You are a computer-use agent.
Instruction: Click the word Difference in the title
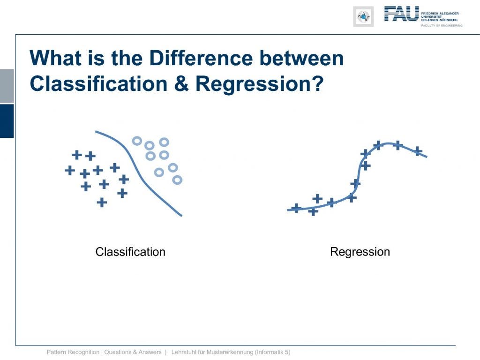tap(202, 58)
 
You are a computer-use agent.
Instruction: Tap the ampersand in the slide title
tap(181, 83)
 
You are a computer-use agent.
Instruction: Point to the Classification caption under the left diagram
tap(130, 252)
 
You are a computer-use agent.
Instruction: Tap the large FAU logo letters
tap(401, 14)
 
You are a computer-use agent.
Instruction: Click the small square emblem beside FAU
tap(363, 16)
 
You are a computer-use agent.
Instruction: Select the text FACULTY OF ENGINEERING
tap(442, 26)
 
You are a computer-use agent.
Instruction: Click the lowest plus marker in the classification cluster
tap(102, 202)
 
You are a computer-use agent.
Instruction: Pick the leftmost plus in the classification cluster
tap(70, 170)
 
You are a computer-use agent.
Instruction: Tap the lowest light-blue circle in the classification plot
tap(177, 180)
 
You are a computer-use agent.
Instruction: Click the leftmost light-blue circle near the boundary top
tap(137, 141)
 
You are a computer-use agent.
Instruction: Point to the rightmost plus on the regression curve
tap(418, 151)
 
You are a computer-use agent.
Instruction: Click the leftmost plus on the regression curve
tap(296, 208)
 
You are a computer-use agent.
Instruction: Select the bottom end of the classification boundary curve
tap(181, 216)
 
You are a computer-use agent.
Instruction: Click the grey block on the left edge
tap(7, 86)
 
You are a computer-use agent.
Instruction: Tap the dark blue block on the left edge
tap(7, 121)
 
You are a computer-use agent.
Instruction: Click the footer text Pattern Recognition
tap(73, 352)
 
